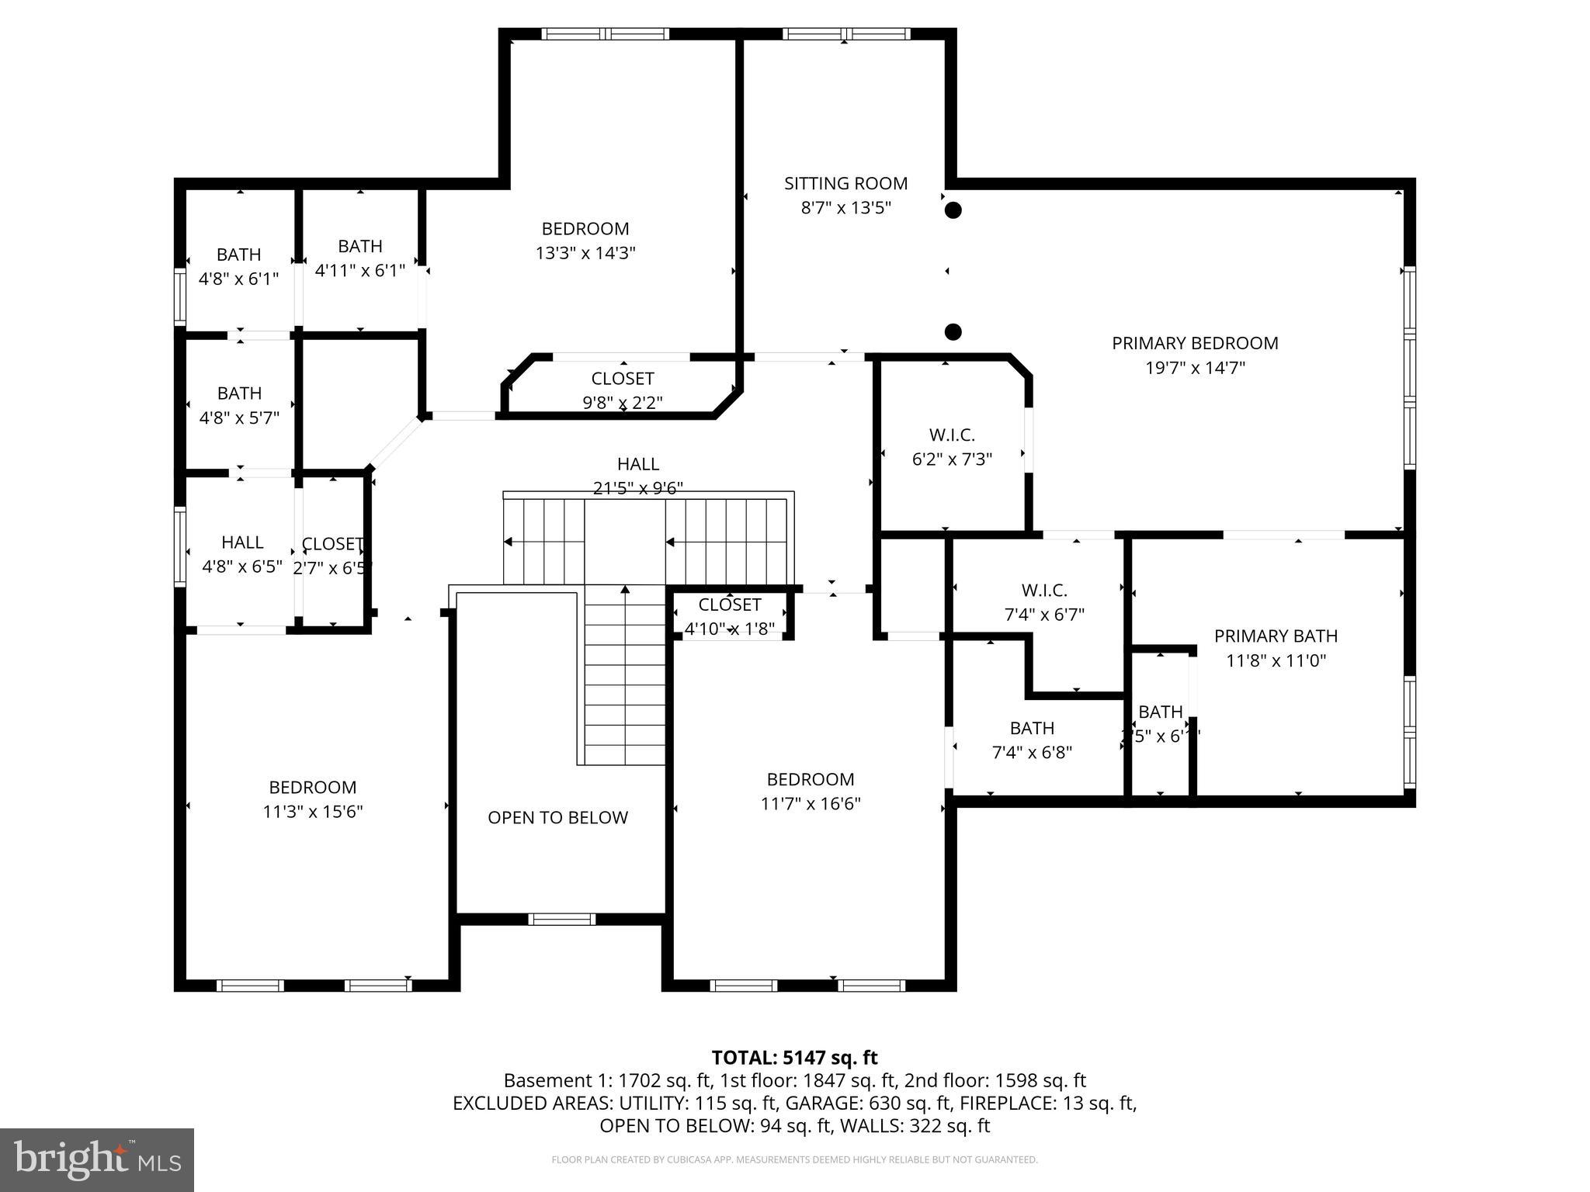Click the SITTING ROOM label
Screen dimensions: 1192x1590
click(x=845, y=184)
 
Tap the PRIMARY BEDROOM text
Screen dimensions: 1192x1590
click(x=1195, y=343)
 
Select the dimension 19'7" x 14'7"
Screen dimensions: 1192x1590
click(x=1195, y=368)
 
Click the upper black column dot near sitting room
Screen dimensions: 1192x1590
click(x=953, y=210)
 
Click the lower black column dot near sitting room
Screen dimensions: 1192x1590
click(x=953, y=332)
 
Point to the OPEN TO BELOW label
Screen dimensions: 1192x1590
click(x=557, y=817)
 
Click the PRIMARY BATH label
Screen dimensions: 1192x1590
click(x=1276, y=636)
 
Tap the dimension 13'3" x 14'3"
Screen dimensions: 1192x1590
click(x=585, y=253)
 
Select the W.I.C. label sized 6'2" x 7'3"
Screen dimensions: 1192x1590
click(x=952, y=435)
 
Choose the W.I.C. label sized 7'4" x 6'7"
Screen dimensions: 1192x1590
click(x=1044, y=591)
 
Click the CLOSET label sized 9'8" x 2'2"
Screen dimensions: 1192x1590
click(x=623, y=379)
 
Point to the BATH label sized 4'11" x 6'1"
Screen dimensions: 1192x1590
click(x=360, y=246)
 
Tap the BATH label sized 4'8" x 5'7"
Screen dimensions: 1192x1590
click(x=239, y=393)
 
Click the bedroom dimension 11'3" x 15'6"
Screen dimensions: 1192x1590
click(x=313, y=812)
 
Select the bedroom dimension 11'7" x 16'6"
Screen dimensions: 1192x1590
click(x=811, y=804)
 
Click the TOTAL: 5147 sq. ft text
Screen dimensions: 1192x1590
click(x=794, y=1058)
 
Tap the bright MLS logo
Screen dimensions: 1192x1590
click(x=97, y=1159)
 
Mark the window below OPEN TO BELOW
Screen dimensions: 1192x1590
click(x=562, y=920)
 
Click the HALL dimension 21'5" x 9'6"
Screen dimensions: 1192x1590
click(x=638, y=488)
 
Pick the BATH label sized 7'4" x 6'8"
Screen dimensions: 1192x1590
click(x=1032, y=728)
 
